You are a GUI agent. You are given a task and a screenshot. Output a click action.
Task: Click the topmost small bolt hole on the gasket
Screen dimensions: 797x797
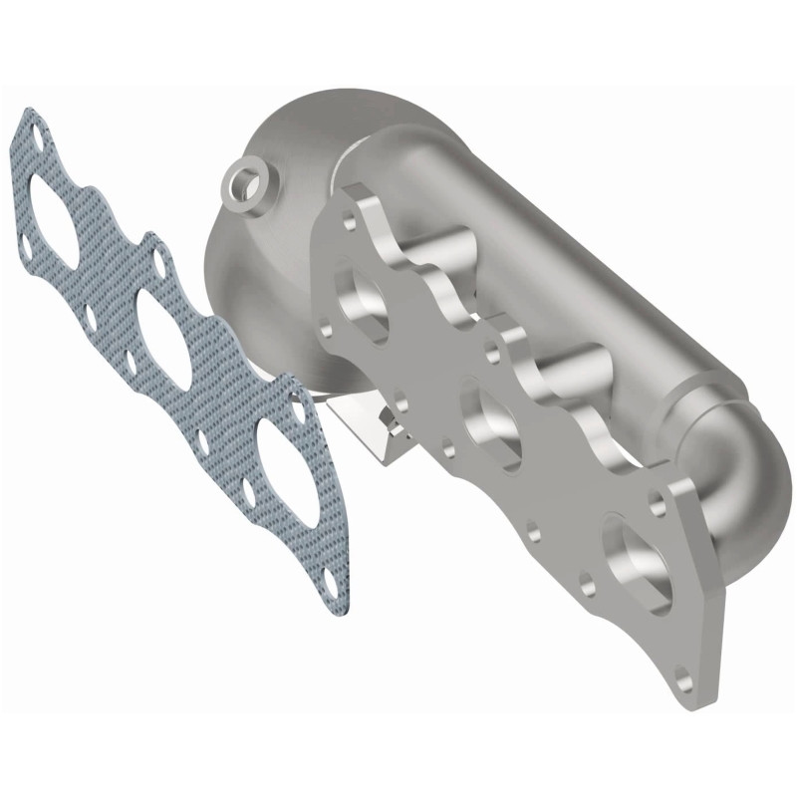pos(37,131)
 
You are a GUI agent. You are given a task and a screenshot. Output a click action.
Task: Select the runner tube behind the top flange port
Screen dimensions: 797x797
pos(453,249)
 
